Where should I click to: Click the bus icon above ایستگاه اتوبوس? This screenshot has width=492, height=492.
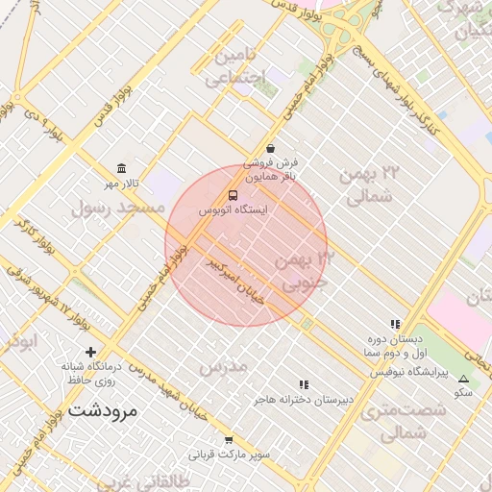tap(232, 195)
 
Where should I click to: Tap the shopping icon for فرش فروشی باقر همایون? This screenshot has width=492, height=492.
tap(270, 149)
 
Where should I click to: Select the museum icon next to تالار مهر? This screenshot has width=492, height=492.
tap(121, 168)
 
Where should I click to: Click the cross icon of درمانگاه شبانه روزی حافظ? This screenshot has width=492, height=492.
tap(90, 352)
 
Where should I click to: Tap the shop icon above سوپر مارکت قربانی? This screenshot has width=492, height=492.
tap(229, 440)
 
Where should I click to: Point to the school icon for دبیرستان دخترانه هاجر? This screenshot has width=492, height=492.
tap(304, 384)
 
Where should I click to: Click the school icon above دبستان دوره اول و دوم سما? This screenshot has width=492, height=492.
tap(394, 325)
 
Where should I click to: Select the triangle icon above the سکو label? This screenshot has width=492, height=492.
tap(463, 379)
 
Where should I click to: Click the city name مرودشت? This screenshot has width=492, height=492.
tap(104, 410)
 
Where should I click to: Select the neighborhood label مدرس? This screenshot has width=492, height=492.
tap(223, 367)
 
